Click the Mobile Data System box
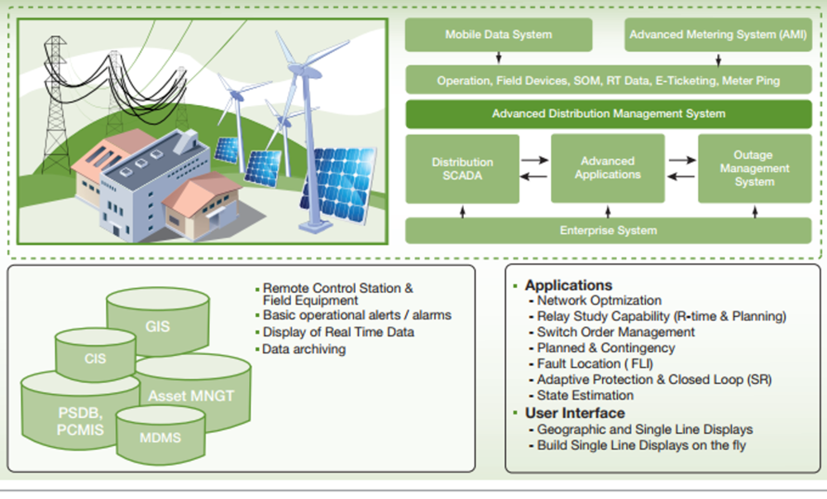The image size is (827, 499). [498, 35]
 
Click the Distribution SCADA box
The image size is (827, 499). [462, 169]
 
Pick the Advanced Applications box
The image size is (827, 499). [608, 168]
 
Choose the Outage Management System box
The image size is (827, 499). [754, 168]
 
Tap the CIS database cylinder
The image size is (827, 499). [94, 359]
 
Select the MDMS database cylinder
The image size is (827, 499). [160, 437]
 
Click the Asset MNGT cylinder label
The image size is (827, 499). [191, 396]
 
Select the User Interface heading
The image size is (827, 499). [575, 413]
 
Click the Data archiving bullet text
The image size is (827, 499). [304, 349]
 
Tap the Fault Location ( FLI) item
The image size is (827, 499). [590, 364]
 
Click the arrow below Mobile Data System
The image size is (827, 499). [498, 59]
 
